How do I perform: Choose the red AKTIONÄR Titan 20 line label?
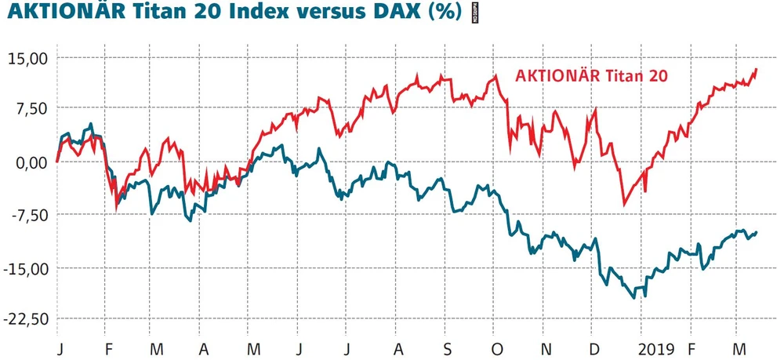click(x=592, y=76)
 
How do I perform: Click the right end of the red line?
click(x=757, y=69)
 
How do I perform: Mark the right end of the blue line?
click(x=757, y=231)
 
